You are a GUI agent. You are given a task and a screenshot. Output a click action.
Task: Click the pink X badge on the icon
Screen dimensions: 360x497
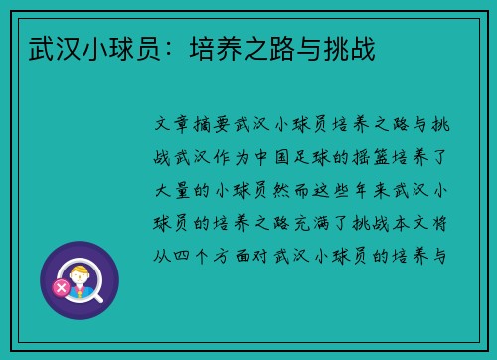tap(61, 288)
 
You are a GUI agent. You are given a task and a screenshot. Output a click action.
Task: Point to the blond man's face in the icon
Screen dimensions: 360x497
tap(79, 272)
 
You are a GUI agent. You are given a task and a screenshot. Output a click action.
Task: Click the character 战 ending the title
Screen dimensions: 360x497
tap(362, 47)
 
